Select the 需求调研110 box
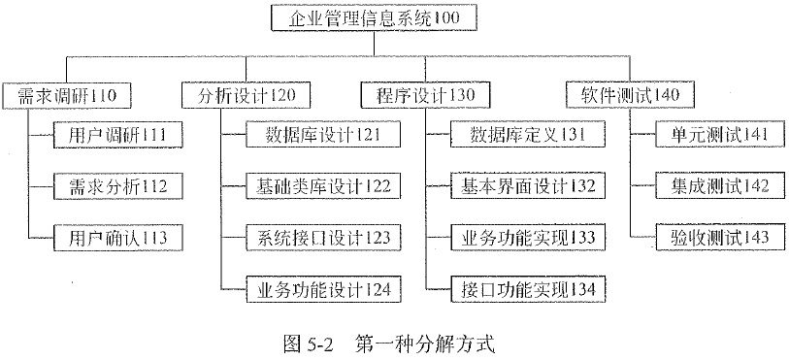[66, 95]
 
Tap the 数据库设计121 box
[310, 133]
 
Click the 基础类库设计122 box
[310, 184]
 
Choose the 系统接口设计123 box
[310, 236]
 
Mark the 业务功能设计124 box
[310, 288]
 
